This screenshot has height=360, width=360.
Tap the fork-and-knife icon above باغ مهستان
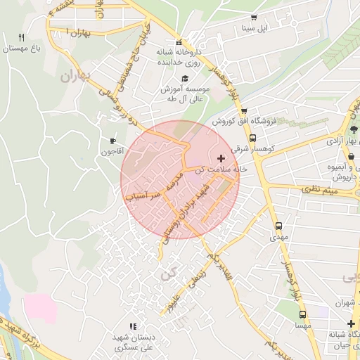(x=21, y=37)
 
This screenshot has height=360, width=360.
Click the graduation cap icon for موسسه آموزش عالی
(x=185, y=79)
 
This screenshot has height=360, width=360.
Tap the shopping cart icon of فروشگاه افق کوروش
(x=244, y=110)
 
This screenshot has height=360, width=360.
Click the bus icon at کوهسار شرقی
(x=252, y=138)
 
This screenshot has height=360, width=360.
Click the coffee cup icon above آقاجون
(x=112, y=141)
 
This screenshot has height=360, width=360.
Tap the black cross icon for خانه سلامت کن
(x=222, y=158)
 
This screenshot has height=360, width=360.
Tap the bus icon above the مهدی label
(x=279, y=226)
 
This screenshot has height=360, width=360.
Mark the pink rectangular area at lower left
(x=41, y=308)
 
